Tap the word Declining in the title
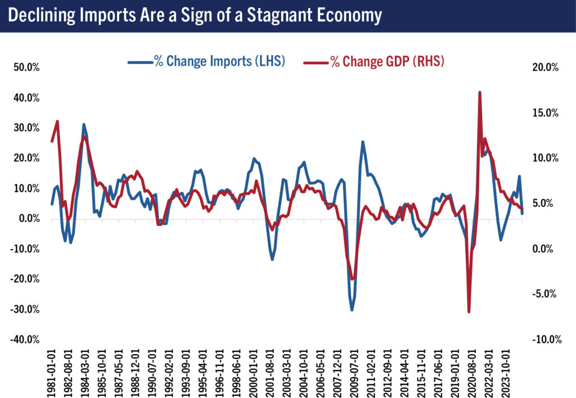pos(41,15)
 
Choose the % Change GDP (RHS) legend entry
pos(374,62)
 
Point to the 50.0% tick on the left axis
pos(25,67)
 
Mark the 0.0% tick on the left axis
pos(28,219)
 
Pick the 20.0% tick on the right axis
pos(544,67)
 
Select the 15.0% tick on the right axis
pos(544,113)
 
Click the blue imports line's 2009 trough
pos(352,310)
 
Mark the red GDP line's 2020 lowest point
pos(469,311)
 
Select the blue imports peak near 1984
pos(84,124)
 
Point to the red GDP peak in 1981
pos(57,121)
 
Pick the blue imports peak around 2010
pos(363,142)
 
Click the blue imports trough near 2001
pos(272,259)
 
